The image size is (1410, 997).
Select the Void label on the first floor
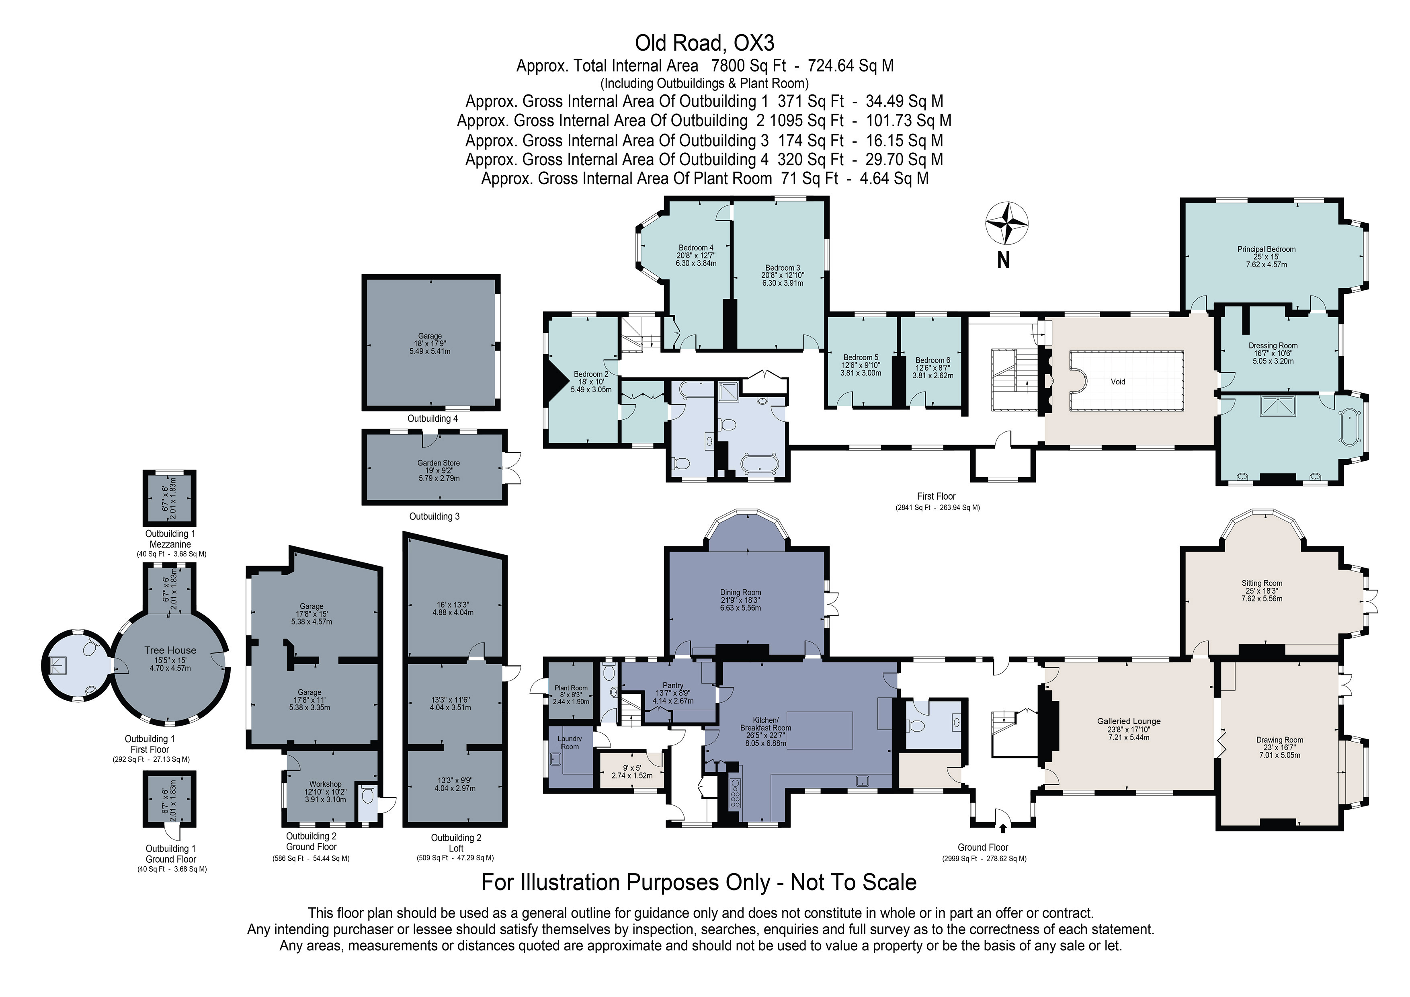1118,382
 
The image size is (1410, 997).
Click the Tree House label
170,650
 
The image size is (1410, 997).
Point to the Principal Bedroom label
1266,249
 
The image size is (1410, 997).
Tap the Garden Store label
439,463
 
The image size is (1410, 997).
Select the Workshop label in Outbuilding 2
325,784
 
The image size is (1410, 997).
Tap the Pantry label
673,685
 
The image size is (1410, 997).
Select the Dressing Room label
1273,345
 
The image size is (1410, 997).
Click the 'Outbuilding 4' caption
432,418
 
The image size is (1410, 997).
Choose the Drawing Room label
1279,740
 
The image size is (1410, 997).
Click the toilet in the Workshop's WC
368,796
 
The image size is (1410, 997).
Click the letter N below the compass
1003,261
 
